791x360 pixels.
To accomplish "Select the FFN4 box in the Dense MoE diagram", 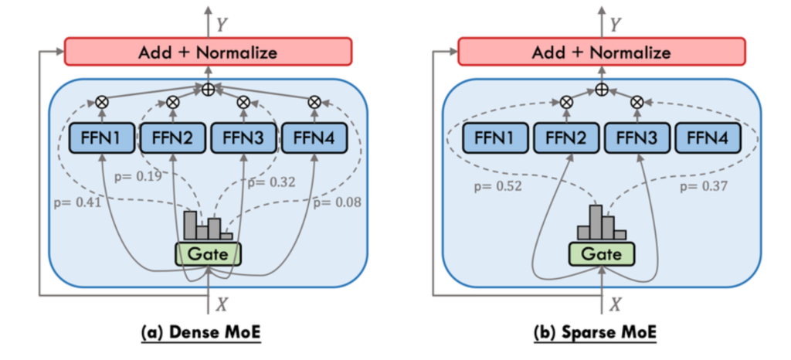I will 314,139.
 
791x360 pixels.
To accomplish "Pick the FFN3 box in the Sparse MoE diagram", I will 637,139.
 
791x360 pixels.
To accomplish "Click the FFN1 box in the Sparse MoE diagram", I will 495,139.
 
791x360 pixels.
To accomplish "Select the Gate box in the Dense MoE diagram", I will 208,253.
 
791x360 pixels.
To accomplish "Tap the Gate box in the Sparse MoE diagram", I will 602,253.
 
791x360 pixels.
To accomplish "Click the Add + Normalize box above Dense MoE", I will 207,53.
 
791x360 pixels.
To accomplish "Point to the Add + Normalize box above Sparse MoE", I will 601,53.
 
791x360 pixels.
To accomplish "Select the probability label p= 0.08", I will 338,202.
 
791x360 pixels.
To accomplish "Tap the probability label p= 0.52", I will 495,185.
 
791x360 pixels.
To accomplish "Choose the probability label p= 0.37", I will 704,185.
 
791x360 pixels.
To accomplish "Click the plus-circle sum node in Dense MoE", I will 208,90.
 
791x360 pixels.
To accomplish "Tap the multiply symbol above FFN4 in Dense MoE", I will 314,101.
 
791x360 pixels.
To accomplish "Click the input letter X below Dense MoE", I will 222,304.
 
